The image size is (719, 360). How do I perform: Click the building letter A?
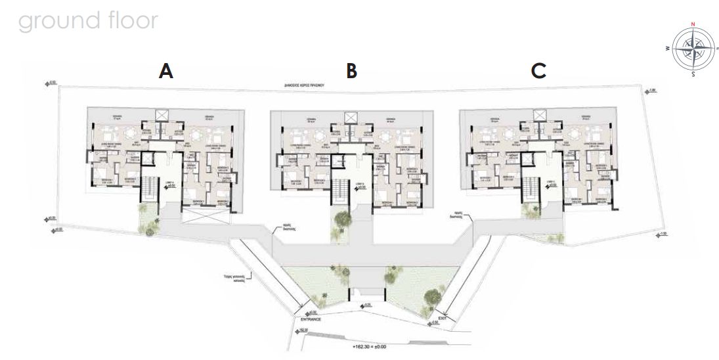166,71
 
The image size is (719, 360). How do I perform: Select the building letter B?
352,71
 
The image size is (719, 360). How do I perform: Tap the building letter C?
539,71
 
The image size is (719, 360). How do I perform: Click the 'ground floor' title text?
88,20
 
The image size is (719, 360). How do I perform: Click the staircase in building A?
150,191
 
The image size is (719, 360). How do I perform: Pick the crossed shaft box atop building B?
351,118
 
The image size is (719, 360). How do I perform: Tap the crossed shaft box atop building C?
540,116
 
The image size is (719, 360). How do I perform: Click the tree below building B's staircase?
341,221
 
